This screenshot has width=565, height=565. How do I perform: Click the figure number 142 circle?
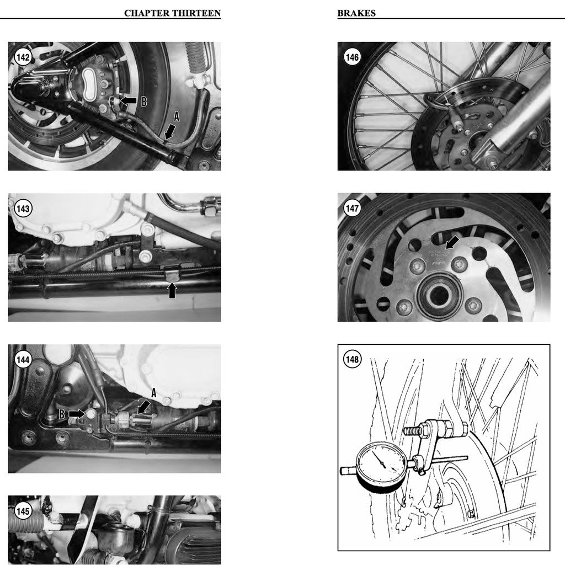click(23, 57)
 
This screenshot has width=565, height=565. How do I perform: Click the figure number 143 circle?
click(23, 209)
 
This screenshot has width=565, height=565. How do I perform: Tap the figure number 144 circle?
click(23, 360)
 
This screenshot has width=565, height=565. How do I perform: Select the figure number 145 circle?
click(23, 511)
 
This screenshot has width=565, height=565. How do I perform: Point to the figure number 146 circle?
click(352, 57)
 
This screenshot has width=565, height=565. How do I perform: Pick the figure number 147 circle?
click(352, 209)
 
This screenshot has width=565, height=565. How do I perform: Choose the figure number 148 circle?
click(352, 360)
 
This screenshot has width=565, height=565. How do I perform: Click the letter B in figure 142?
click(144, 102)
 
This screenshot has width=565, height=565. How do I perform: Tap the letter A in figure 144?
click(154, 393)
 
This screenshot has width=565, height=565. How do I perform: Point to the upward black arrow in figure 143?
click(173, 289)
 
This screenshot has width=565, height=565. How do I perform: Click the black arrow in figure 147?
click(452, 242)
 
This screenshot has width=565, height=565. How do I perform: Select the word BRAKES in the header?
click(356, 13)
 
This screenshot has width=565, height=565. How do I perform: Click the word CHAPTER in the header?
click(142, 13)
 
